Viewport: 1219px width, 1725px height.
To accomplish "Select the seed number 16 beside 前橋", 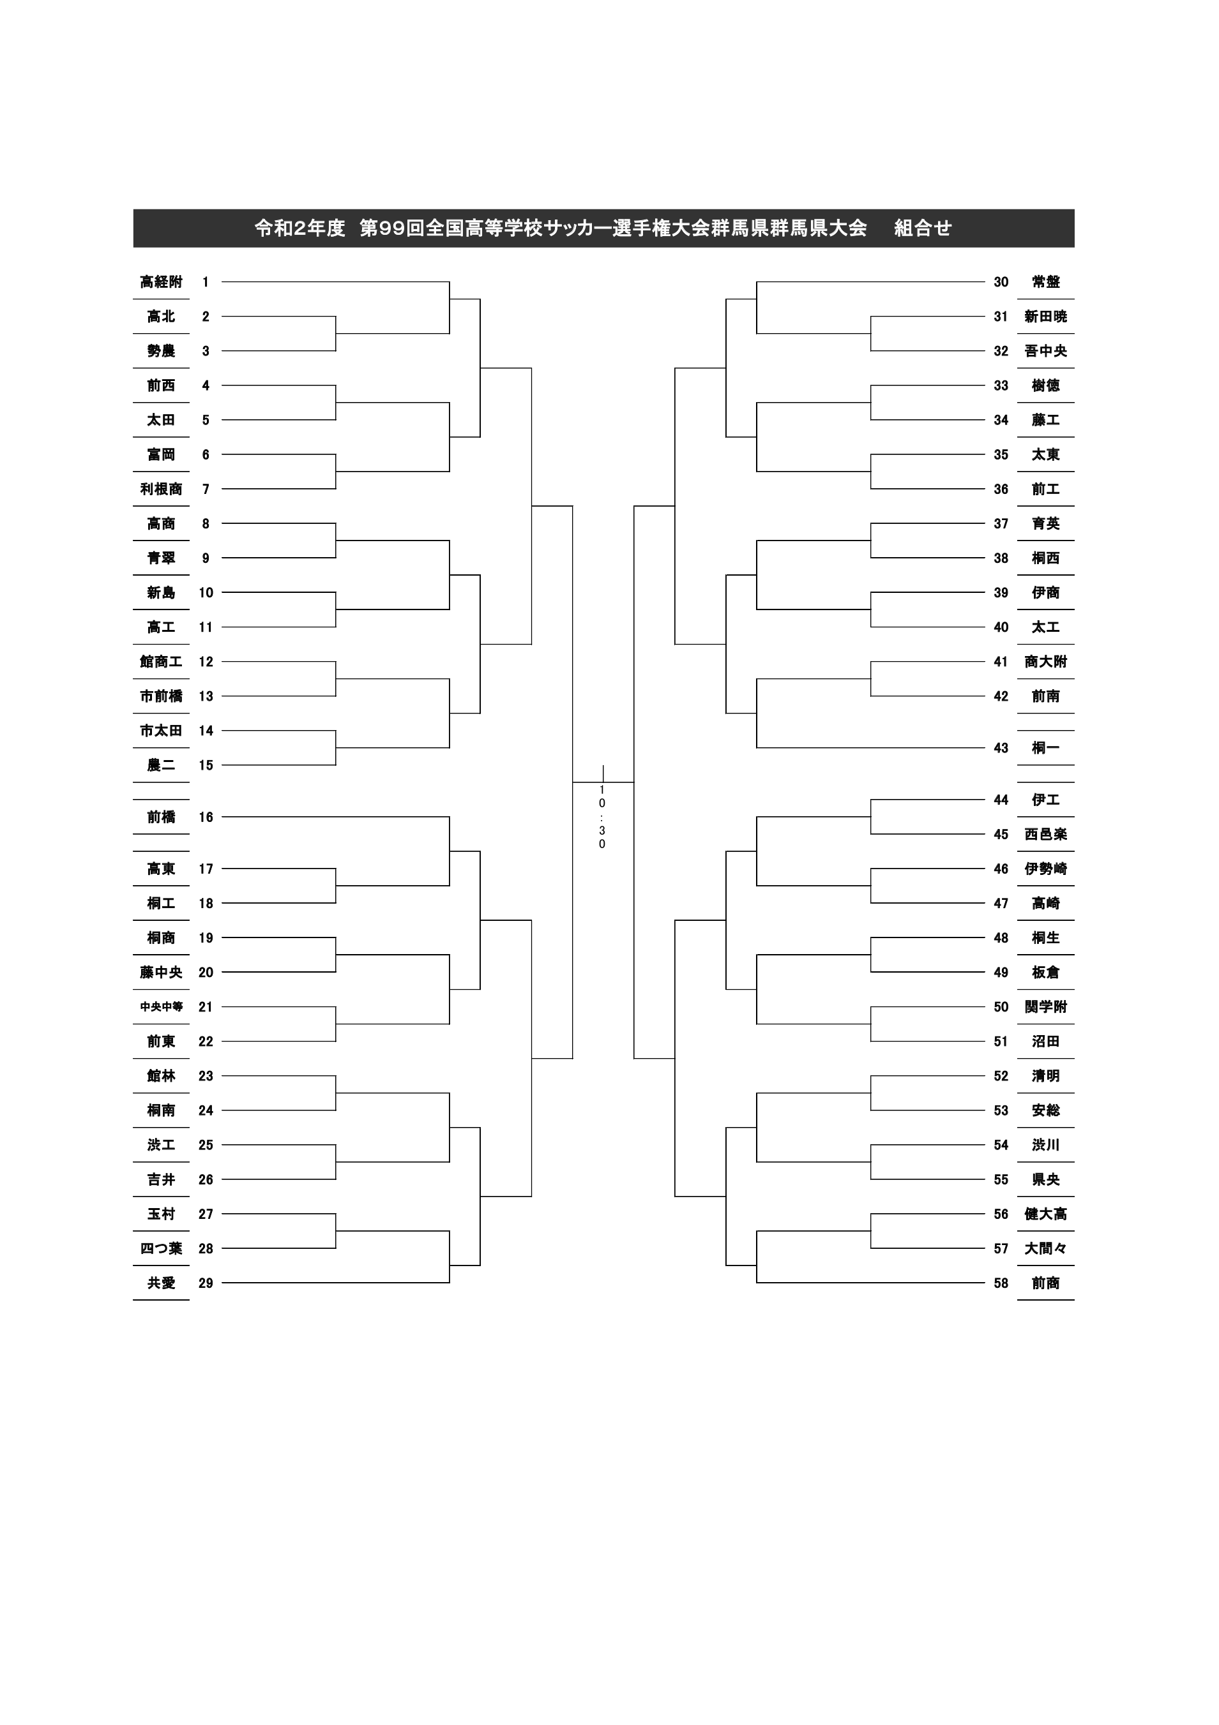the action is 206,817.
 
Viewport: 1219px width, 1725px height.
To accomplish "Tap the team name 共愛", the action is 161,1283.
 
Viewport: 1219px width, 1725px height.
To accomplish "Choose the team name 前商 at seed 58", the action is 1045,1283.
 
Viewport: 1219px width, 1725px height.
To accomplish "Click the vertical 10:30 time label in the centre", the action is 602,817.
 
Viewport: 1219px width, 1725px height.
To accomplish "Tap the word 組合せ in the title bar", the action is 923,228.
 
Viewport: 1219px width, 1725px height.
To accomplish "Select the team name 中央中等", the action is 161,1007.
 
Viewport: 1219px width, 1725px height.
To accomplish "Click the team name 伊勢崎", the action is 1045,869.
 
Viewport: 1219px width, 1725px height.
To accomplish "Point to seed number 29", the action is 206,1283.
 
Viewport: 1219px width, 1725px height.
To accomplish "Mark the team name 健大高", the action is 1045,1213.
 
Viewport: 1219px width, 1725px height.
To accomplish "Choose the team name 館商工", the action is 161,661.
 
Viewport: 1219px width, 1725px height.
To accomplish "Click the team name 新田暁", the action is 1045,317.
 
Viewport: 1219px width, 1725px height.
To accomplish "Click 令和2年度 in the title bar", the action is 299,228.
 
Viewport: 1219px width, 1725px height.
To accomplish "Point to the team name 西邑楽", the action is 1045,834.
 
